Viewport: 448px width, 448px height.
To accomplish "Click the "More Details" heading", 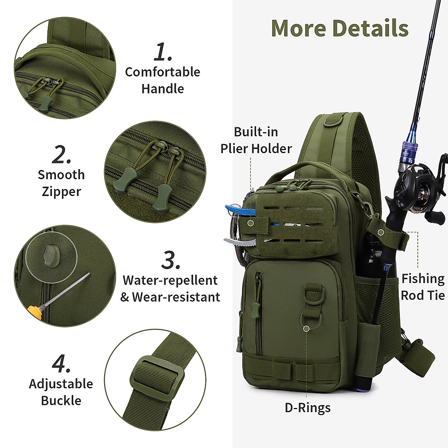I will click(x=340, y=28).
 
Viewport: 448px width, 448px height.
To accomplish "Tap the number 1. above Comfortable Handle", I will click(x=163, y=52).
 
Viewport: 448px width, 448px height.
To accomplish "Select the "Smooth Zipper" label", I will click(x=61, y=183).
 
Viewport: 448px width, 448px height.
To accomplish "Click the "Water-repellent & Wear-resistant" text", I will click(x=170, y=289).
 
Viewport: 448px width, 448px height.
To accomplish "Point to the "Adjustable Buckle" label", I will click(x=61, y=392).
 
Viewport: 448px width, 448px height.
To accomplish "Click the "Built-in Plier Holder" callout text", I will click(x=256, y=140).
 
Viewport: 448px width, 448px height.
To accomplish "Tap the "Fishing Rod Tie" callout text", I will click(x=423, y=287).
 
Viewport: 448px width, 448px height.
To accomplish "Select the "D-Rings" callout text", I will click(x=308, y=408).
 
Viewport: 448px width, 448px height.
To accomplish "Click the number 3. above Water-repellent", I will click(x=171, y=260).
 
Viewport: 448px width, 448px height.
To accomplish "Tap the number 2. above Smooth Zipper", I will click(x=61, y=155).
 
